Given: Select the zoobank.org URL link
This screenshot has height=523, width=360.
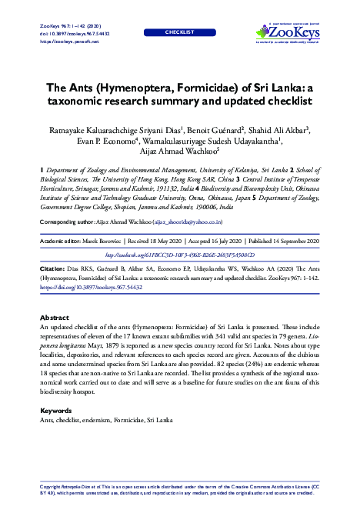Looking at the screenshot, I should (x=179, y=254).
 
